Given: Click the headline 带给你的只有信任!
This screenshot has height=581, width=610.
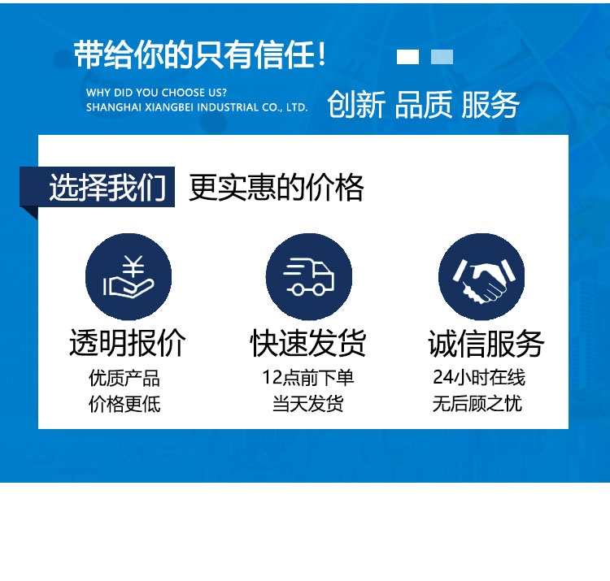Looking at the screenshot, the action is tap(199, 54).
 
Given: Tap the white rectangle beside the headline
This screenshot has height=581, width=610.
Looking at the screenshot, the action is tap(407, 57).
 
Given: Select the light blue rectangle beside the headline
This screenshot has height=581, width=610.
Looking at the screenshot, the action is tap(442, 57).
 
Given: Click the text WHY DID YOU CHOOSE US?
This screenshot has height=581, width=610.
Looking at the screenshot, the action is tap(156, 93).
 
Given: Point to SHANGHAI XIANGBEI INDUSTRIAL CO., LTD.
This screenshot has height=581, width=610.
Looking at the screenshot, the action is tap(197, 107).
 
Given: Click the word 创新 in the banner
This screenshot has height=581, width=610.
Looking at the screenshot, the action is tap(356, 104).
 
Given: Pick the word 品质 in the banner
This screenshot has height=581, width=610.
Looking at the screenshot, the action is tap(424, 104).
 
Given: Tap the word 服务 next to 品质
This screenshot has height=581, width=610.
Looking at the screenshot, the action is tap(490, 104).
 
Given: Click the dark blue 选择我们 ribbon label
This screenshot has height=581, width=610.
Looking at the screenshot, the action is tap(98, 187).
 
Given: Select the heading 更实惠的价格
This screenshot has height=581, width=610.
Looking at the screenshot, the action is tap(277, 188).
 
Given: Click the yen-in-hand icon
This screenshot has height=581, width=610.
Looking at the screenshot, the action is tap(129, 277).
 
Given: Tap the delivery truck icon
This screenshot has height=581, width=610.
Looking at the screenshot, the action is tap(309, 277).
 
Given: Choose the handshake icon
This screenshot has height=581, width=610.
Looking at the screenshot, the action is tap(481, 277).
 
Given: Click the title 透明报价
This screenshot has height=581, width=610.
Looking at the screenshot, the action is tap(128, 343).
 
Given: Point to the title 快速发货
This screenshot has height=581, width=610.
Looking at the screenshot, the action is tap(308, 343).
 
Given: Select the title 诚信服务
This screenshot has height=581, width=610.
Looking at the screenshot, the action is tap(486, 343).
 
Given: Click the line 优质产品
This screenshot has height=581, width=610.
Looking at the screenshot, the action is tap(124, 378).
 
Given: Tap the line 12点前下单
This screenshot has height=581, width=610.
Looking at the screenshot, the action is tap(308, 378).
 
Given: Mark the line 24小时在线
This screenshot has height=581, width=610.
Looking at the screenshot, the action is tap(479, 377).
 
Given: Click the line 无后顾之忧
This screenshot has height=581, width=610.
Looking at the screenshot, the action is tap(477, 403).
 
